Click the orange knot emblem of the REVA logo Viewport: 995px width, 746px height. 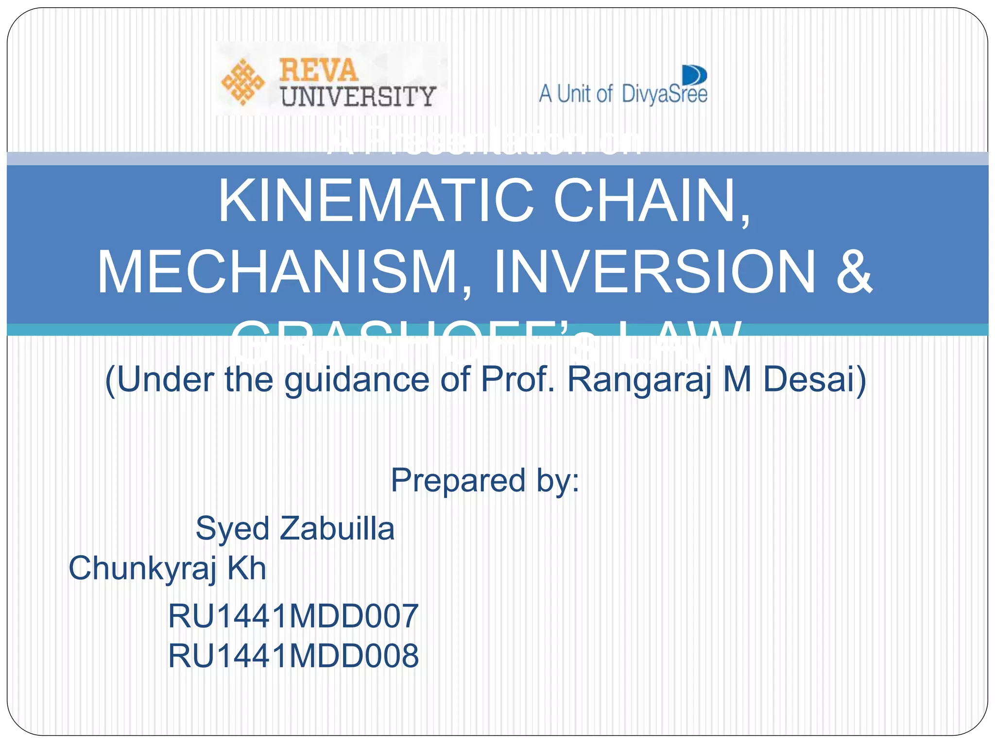[242, 82]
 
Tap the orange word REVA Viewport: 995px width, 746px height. [318, 70]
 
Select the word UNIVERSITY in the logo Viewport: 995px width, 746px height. [358, 96]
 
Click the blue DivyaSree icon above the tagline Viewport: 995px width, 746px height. [695, 76]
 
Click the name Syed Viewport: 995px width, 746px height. [232, 528]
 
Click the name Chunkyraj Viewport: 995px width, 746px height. [143, 568]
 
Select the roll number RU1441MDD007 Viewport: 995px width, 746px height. [293, 616]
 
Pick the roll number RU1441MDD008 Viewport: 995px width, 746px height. [293, 656]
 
